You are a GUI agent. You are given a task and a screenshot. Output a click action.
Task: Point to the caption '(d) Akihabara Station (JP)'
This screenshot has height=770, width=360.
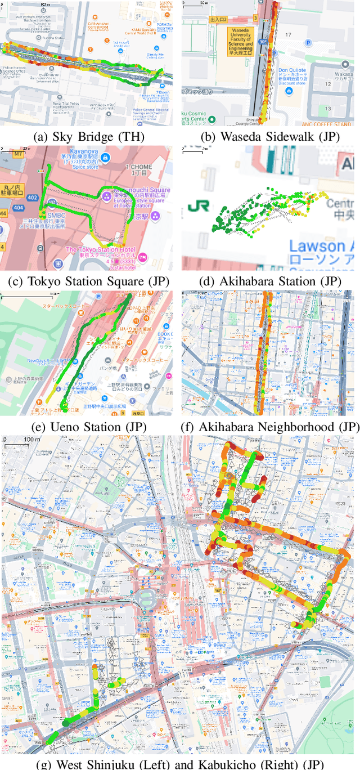pyautogui.click(x=270, y=281)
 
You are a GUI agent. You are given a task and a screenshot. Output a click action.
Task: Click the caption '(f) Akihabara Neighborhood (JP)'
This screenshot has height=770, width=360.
pyautogui.click(x=270, y=427)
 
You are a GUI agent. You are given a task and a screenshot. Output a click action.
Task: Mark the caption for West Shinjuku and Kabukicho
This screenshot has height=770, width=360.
pyautogui.click(x=180, y=764)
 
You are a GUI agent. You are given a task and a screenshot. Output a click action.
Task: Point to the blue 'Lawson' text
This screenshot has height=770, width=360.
pyautogui.click(x=321, y=246)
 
